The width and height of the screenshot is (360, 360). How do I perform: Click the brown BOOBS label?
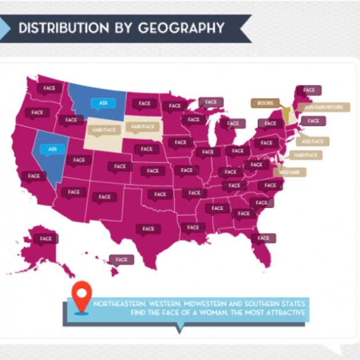click(265, 103)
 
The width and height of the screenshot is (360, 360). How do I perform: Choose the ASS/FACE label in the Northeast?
click(313, 141)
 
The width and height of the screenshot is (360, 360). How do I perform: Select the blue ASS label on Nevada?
click(53, 149)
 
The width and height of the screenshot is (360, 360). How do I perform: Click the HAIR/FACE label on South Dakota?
click(141, 126)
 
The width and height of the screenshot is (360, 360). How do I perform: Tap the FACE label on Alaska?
click(46, 238)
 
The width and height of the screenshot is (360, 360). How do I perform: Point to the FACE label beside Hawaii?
click(121, 260)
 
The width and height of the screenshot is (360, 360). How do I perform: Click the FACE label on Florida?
click(264, 238)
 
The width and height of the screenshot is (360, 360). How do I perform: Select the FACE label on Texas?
click(149, 229)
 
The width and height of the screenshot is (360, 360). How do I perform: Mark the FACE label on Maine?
click(309, 90)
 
